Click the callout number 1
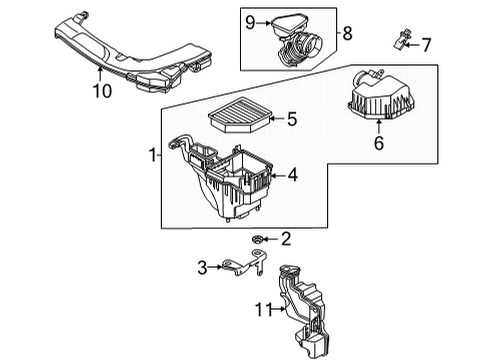[x=153, y=155]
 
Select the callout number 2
[x=286, y=238]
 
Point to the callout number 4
[x=292, y=174]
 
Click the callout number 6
[x=378, y=143]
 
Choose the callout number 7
[x=425, y=44]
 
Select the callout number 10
[x=100, y=92]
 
